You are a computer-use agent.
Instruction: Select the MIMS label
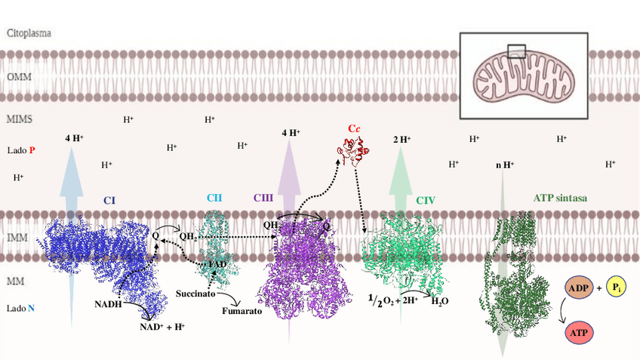click(20, 118)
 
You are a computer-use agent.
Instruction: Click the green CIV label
click(426, 201)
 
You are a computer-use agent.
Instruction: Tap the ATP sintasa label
click(560, 198)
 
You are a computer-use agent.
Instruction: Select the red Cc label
click(353, 129)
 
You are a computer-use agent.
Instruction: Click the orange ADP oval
click(579, 288)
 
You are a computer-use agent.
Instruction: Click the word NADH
click(109, 304)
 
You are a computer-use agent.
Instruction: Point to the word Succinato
click(198, 292)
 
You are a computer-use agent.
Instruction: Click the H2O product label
click(441, 301)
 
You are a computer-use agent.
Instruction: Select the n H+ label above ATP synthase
click(504, 164)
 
